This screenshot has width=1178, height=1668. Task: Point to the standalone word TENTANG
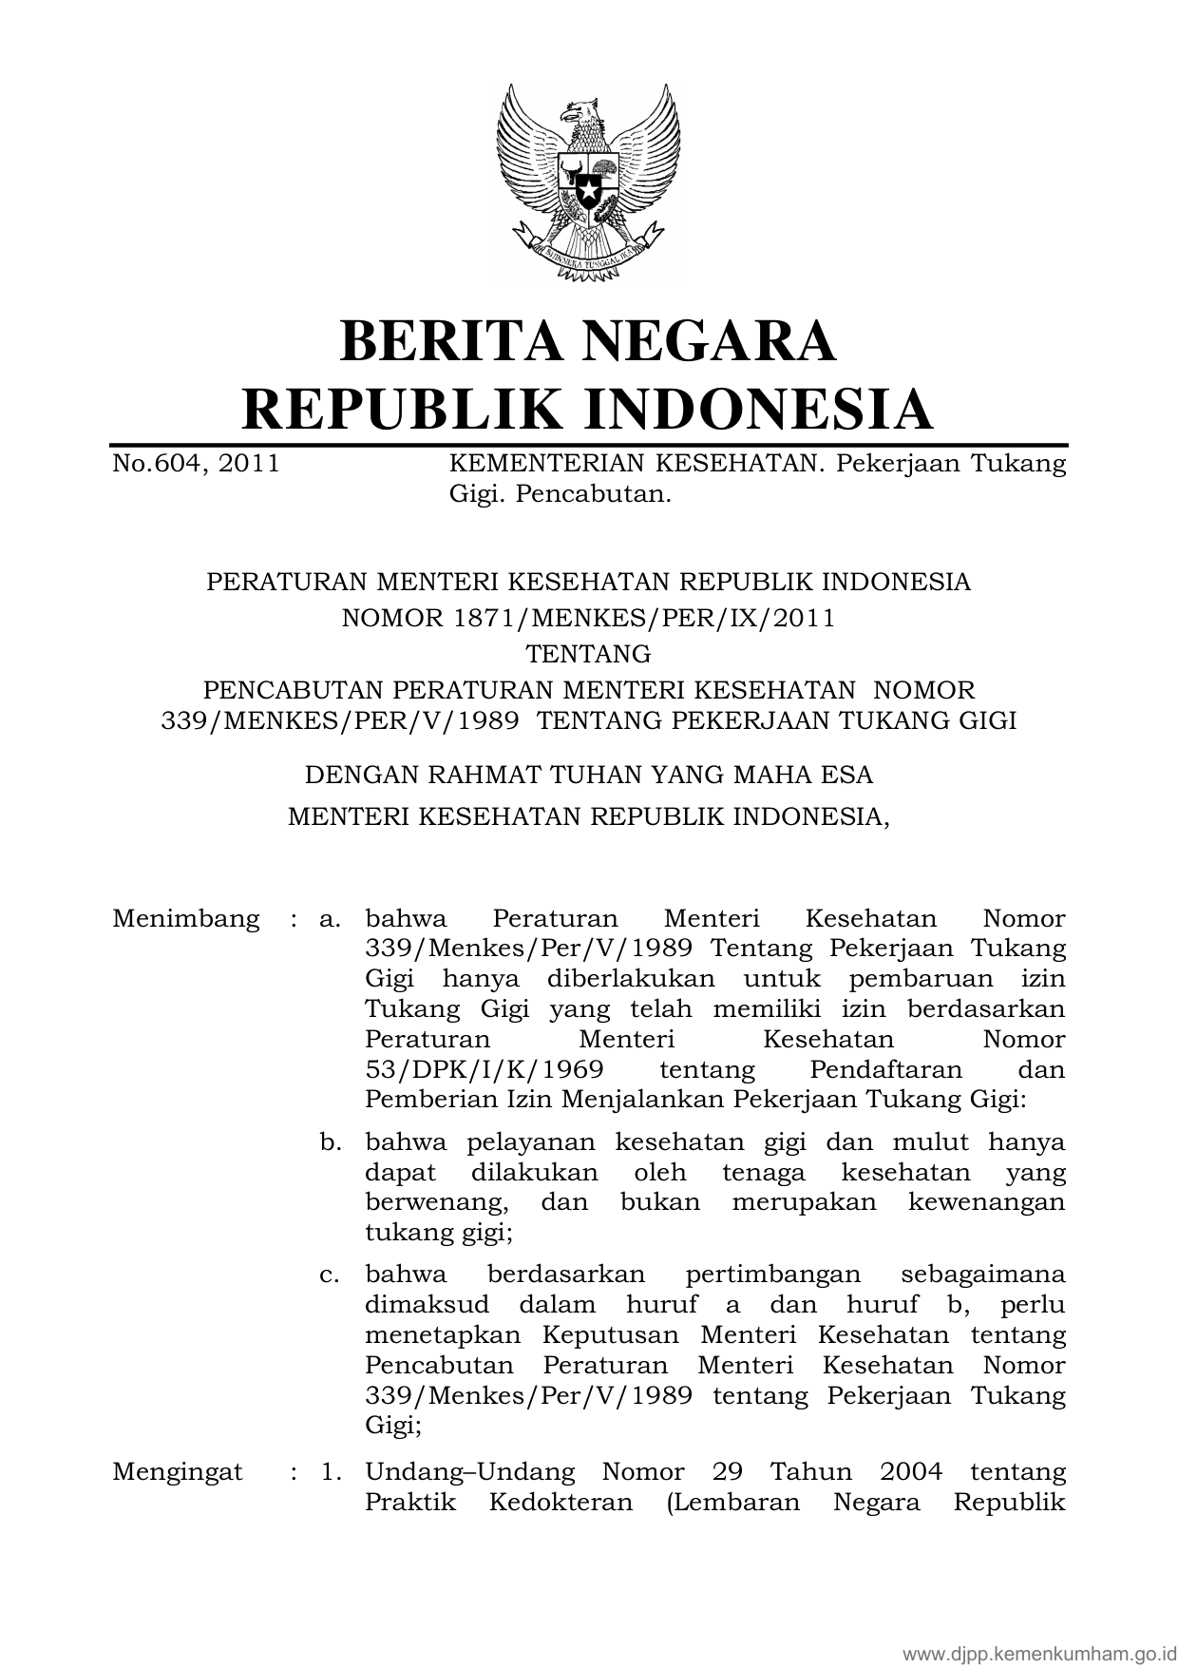(x=589, y=654)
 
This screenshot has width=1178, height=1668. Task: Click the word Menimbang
(x=185, y=919)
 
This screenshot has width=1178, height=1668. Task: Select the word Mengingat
(x=178, y=1472)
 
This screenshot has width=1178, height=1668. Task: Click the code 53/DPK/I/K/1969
(x=484, y=1069)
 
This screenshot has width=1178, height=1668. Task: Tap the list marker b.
(x=331, y=1141)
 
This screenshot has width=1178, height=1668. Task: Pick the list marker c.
(x=331, y=1274)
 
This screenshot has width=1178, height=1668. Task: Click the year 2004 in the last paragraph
(x=911, y=1472)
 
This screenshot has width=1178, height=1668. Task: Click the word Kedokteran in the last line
(x=560, y=1503)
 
